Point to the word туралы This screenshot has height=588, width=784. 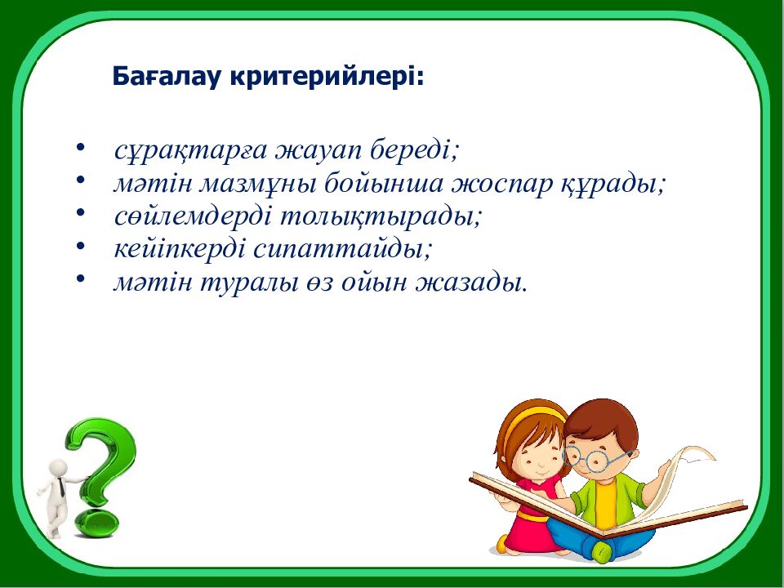[x=252, y=283]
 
